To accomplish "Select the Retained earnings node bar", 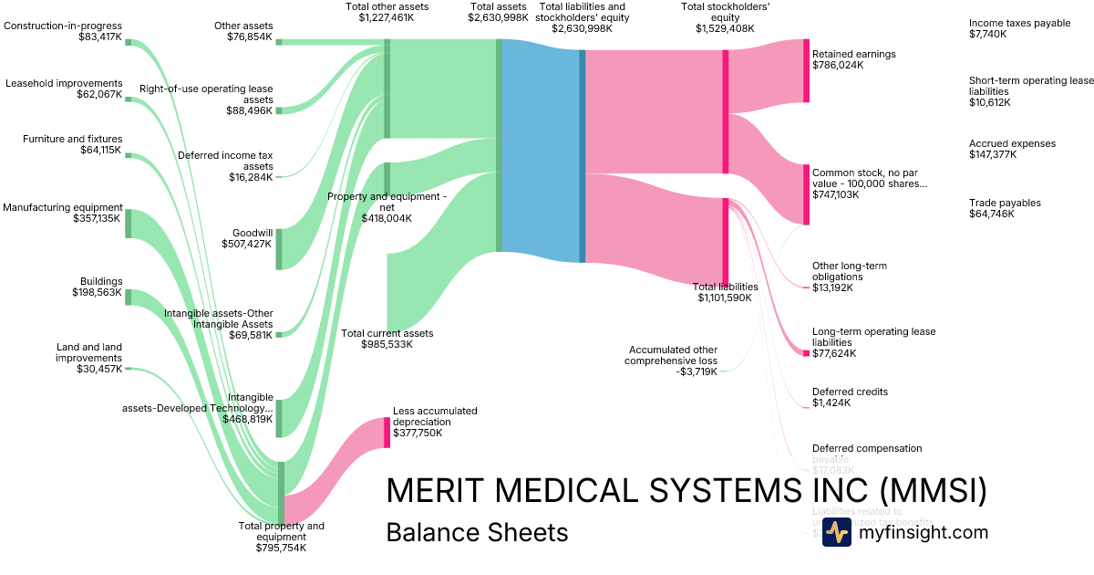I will click(x=806, y=70).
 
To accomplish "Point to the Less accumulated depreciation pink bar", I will click(x=387, y=433).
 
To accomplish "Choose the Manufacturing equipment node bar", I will click(x=129, y=224).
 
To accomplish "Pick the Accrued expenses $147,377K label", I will click(x=1012, y=149).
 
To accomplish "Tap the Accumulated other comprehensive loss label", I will click(x=671, y=361).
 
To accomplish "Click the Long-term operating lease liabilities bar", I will click(x=806, y=353).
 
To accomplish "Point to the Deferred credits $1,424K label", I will click(x=850, y=397).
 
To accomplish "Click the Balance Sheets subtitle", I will click(x=477, y=532).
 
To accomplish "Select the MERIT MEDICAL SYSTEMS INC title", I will click(x=686, y=491).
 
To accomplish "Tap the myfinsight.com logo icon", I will click(x=836, y=532).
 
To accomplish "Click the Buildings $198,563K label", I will click(x=98, y=287).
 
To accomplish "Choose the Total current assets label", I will click(x=387, y=339).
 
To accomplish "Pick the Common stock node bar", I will click(x=806, y=193).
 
